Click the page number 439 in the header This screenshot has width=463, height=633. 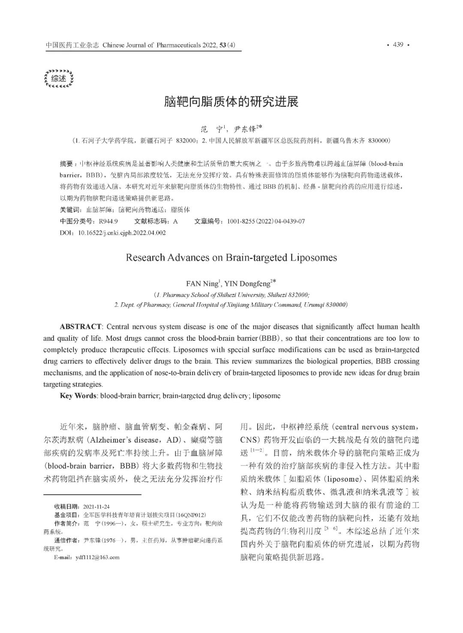(398, 45)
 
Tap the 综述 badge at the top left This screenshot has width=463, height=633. (59, 79)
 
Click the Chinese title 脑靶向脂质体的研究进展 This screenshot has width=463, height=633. (231, 102)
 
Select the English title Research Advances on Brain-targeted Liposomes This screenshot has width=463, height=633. (231, 257)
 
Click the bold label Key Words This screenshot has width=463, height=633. (78, 396)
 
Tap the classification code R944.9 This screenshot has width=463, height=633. (108, 221)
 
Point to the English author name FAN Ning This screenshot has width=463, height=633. (202, 284)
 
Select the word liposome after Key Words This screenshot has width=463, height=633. (267, 396)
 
